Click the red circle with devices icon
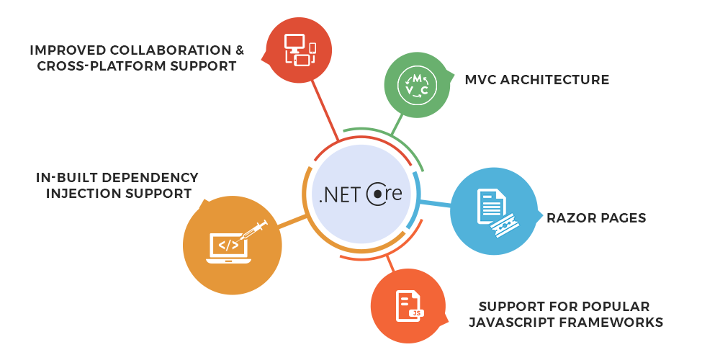click(x=300, y=50)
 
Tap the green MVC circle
click(x=417, y=85)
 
